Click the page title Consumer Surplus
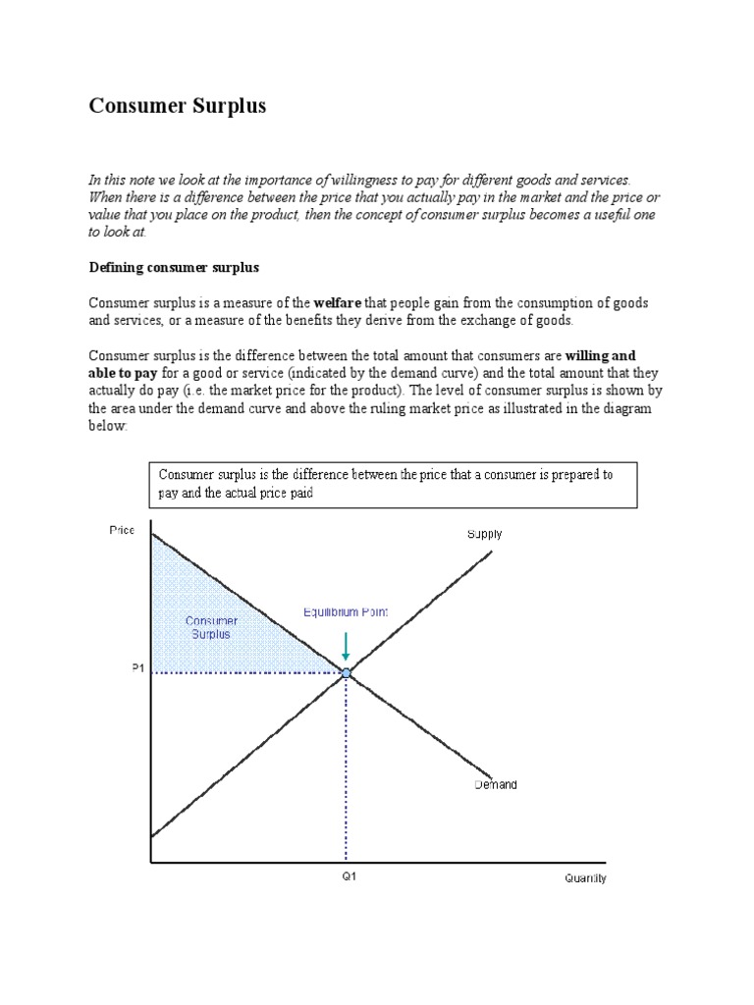[x=178, y=106]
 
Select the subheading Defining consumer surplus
[x=174, y=267]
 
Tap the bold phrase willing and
[x=602, y=355]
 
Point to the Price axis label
[x=121, y=530]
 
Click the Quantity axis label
[x=585, y=878]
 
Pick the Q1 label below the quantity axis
[x=349, y=877]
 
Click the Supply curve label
[x=483, y=534]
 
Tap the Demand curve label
[x=496, y=785]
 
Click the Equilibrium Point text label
[x=346, y=611]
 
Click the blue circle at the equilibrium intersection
[x=346, y=672]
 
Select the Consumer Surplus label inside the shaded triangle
[x=211, y=627]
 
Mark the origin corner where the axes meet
[x=150, y=863]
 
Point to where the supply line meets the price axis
[x=150, y=837]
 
